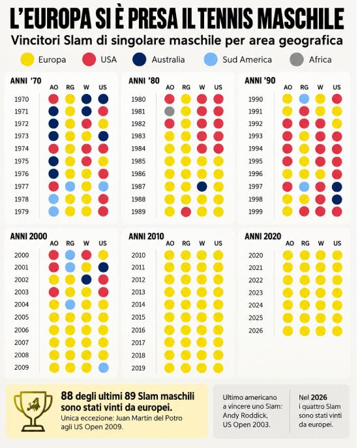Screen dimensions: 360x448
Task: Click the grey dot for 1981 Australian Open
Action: coord(170,111)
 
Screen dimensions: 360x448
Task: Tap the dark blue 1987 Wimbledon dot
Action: coord(202,187)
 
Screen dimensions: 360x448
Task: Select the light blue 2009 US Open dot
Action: coord(103,368)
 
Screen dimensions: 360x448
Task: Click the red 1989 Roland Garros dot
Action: coord(186,212)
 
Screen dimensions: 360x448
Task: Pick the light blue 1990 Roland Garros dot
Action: coord(304,99)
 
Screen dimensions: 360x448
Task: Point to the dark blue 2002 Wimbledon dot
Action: coord(86,280)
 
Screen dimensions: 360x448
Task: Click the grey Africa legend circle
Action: coord(297,59)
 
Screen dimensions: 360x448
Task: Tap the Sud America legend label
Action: coord(247,60)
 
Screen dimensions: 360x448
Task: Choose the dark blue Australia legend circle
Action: coord(140,59)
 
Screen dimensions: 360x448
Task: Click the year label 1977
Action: coord(22,187)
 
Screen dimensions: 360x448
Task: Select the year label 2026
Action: coord(256,331)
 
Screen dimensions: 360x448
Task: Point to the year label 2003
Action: coord(22,292)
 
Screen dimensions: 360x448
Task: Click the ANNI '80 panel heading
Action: coord(144,81)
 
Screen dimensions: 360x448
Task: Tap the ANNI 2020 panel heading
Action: coord(263,236)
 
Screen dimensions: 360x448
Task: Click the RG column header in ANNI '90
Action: coord(305,87)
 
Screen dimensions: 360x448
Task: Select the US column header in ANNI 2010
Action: coord(218,243)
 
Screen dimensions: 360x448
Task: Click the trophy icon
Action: coord(33,411)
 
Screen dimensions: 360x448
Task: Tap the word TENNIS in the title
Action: coord(227,18)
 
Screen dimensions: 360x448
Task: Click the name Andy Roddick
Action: coord(245,415)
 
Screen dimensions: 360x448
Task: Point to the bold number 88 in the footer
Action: coord(67,396)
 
